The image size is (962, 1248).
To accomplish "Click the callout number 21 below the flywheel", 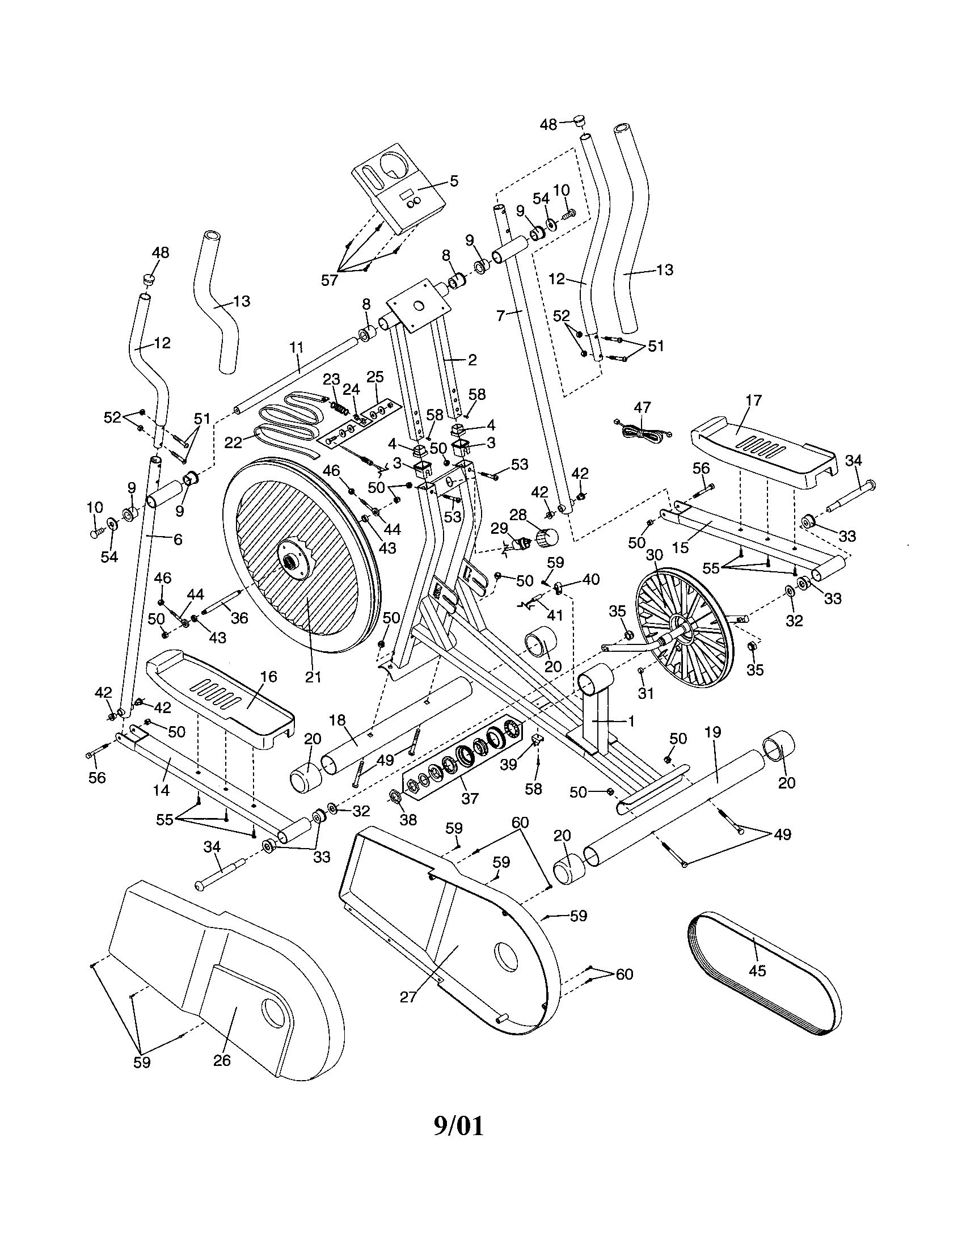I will click(313, 677).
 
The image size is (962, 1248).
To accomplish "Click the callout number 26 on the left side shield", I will click(222, 1060).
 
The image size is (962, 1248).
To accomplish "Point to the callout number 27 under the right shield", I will click(409, 997).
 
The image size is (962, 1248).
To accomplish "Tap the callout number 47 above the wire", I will click(642, 407).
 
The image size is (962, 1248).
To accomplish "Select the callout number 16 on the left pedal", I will click(268, 677).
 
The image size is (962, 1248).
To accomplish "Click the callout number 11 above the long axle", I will click(296, 347).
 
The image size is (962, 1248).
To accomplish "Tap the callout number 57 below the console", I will click(330, 280).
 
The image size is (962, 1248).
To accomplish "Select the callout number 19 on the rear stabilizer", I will click(713, 732).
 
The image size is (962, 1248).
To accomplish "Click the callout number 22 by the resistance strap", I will click(233, 442).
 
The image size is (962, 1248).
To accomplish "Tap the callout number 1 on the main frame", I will click(631, 721).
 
